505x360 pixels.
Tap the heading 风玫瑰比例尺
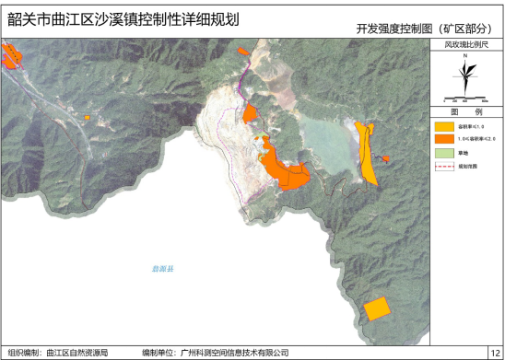tap(465, 43)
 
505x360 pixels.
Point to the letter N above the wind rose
tap(466, 56)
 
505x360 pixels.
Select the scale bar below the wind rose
tap(466, 99)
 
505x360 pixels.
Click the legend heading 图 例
tap(466, 110)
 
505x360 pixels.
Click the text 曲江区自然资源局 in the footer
tap(77, 352)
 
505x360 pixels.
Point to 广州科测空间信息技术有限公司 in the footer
tap(236, 352)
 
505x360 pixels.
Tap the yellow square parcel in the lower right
tap(376, 308)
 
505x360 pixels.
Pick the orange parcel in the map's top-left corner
tap(11, 58)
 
